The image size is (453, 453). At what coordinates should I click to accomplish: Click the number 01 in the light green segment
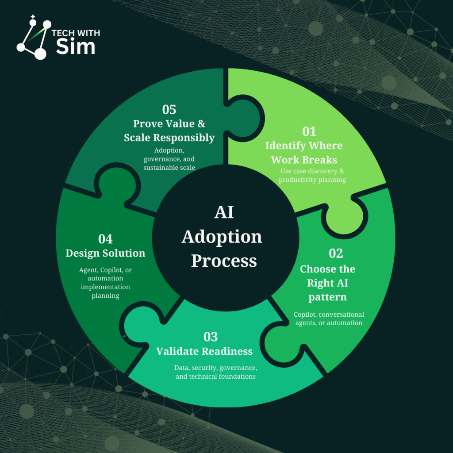(309, 131)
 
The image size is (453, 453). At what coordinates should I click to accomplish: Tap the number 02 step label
(336, 253)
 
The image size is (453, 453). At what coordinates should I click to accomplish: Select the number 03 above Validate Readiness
(211, 337)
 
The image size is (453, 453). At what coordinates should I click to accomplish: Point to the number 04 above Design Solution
(105, 239)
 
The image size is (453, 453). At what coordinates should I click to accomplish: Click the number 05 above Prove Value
(169, 110)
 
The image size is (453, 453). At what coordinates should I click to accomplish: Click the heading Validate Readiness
(204, 351)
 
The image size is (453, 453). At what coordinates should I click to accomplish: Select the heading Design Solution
(105, 253)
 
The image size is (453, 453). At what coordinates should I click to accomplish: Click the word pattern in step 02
(327, 297)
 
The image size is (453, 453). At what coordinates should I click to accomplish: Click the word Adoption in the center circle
(222, 237)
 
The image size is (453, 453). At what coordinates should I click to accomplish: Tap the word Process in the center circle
(224, 261)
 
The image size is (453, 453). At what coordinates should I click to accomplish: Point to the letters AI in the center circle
(224, 213)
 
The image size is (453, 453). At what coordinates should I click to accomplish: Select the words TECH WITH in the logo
(76, 34)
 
